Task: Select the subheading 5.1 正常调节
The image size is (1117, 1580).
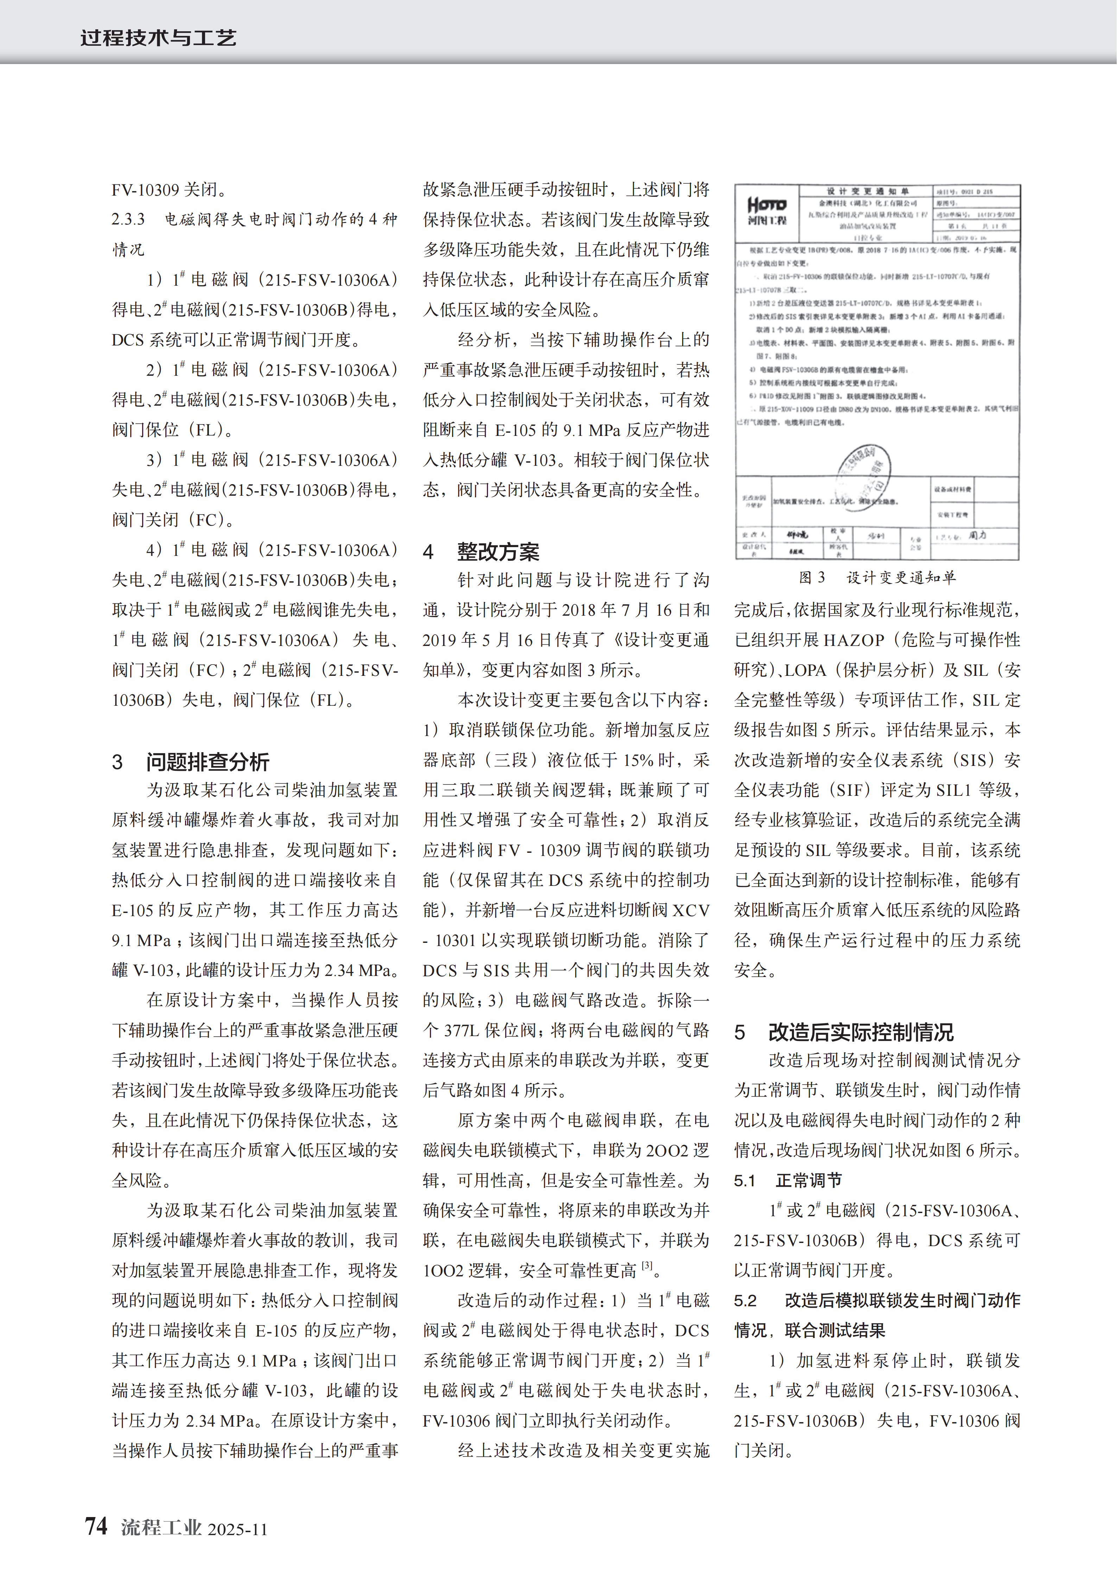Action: click(x=787, y=1181)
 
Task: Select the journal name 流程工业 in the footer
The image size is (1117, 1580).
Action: click(x=161, y=1528)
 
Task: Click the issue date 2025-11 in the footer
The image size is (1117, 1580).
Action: click(x=237, y=1529)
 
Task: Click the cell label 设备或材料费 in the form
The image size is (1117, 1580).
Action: click(x=952, y=489)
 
